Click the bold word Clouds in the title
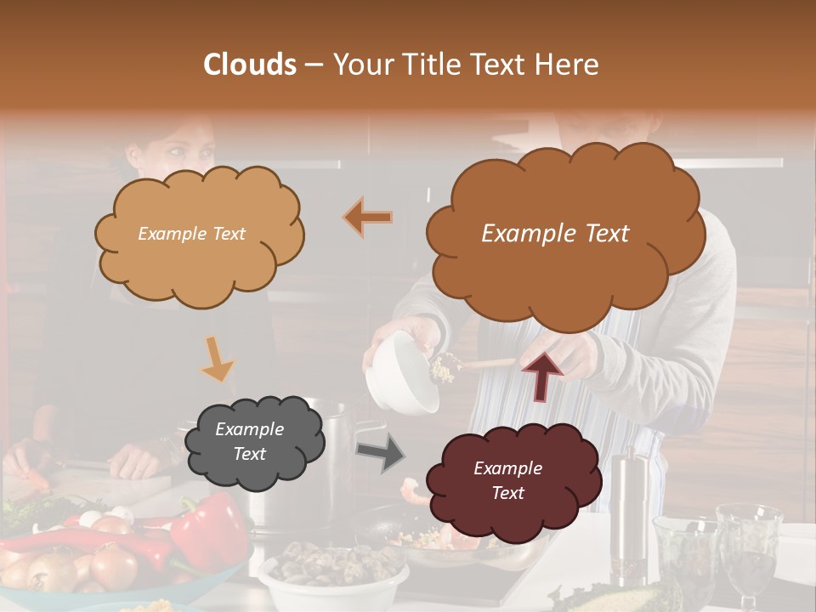pyautogui.click(x=250, y=65)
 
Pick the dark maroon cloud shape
pyautogui.click(x=507, y=480)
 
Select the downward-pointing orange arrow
pyautogui.click(x=217, y=358)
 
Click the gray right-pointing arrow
pyautogui.click(x=380, y=454)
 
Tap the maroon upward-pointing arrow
pyautogui.click(x=541, y=375)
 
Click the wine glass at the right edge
pyautogui.click(x=748, y=544)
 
